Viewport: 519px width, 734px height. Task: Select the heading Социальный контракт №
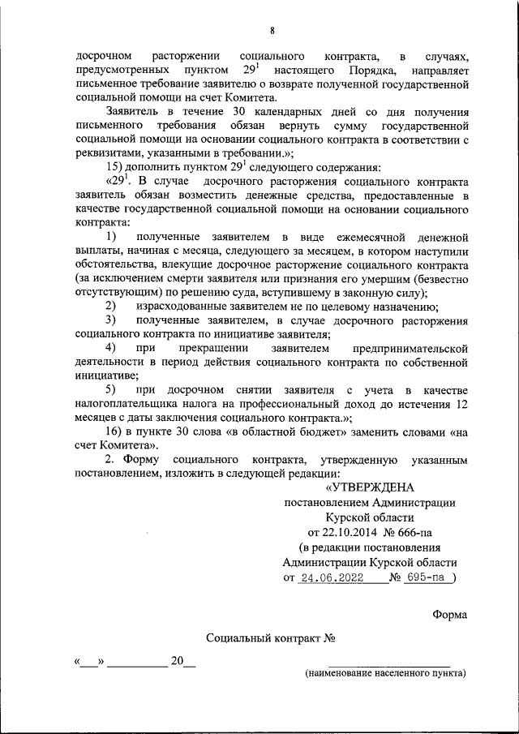[x=271, y=639]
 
